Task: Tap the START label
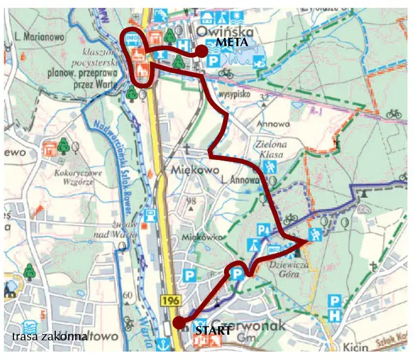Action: tap(213, 330)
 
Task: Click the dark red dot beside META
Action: tap(201, 52)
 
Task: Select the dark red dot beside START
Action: tap(178, 323)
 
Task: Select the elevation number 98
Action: tap(194, 201)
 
